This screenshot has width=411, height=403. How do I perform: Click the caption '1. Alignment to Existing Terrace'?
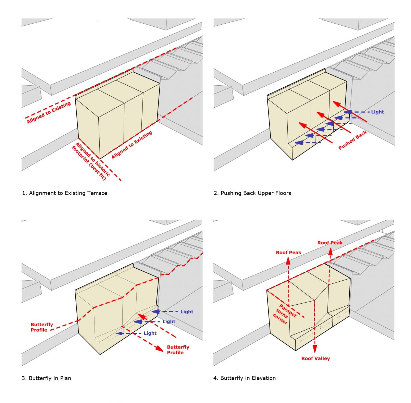65,193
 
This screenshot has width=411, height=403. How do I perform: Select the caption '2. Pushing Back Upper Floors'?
252,193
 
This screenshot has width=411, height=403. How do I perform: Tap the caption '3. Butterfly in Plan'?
47,378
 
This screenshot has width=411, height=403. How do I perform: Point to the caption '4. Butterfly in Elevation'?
245,378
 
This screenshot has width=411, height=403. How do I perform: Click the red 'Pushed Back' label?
352,140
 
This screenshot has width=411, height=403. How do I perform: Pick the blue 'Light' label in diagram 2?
377,112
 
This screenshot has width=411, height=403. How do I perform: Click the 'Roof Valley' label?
315,358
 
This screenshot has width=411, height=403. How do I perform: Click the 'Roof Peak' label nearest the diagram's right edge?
330,243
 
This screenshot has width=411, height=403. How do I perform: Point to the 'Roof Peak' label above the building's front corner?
288,253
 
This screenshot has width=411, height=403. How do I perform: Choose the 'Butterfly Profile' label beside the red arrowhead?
178,350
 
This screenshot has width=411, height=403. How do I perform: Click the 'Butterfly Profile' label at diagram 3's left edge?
41,327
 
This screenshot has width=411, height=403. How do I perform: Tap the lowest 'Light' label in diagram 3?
150,333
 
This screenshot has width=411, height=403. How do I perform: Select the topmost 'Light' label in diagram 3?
187,312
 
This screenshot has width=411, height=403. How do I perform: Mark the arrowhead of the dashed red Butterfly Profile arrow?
159,348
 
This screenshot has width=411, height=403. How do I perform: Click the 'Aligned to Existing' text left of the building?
49,112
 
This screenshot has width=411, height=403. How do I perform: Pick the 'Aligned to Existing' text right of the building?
132,145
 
